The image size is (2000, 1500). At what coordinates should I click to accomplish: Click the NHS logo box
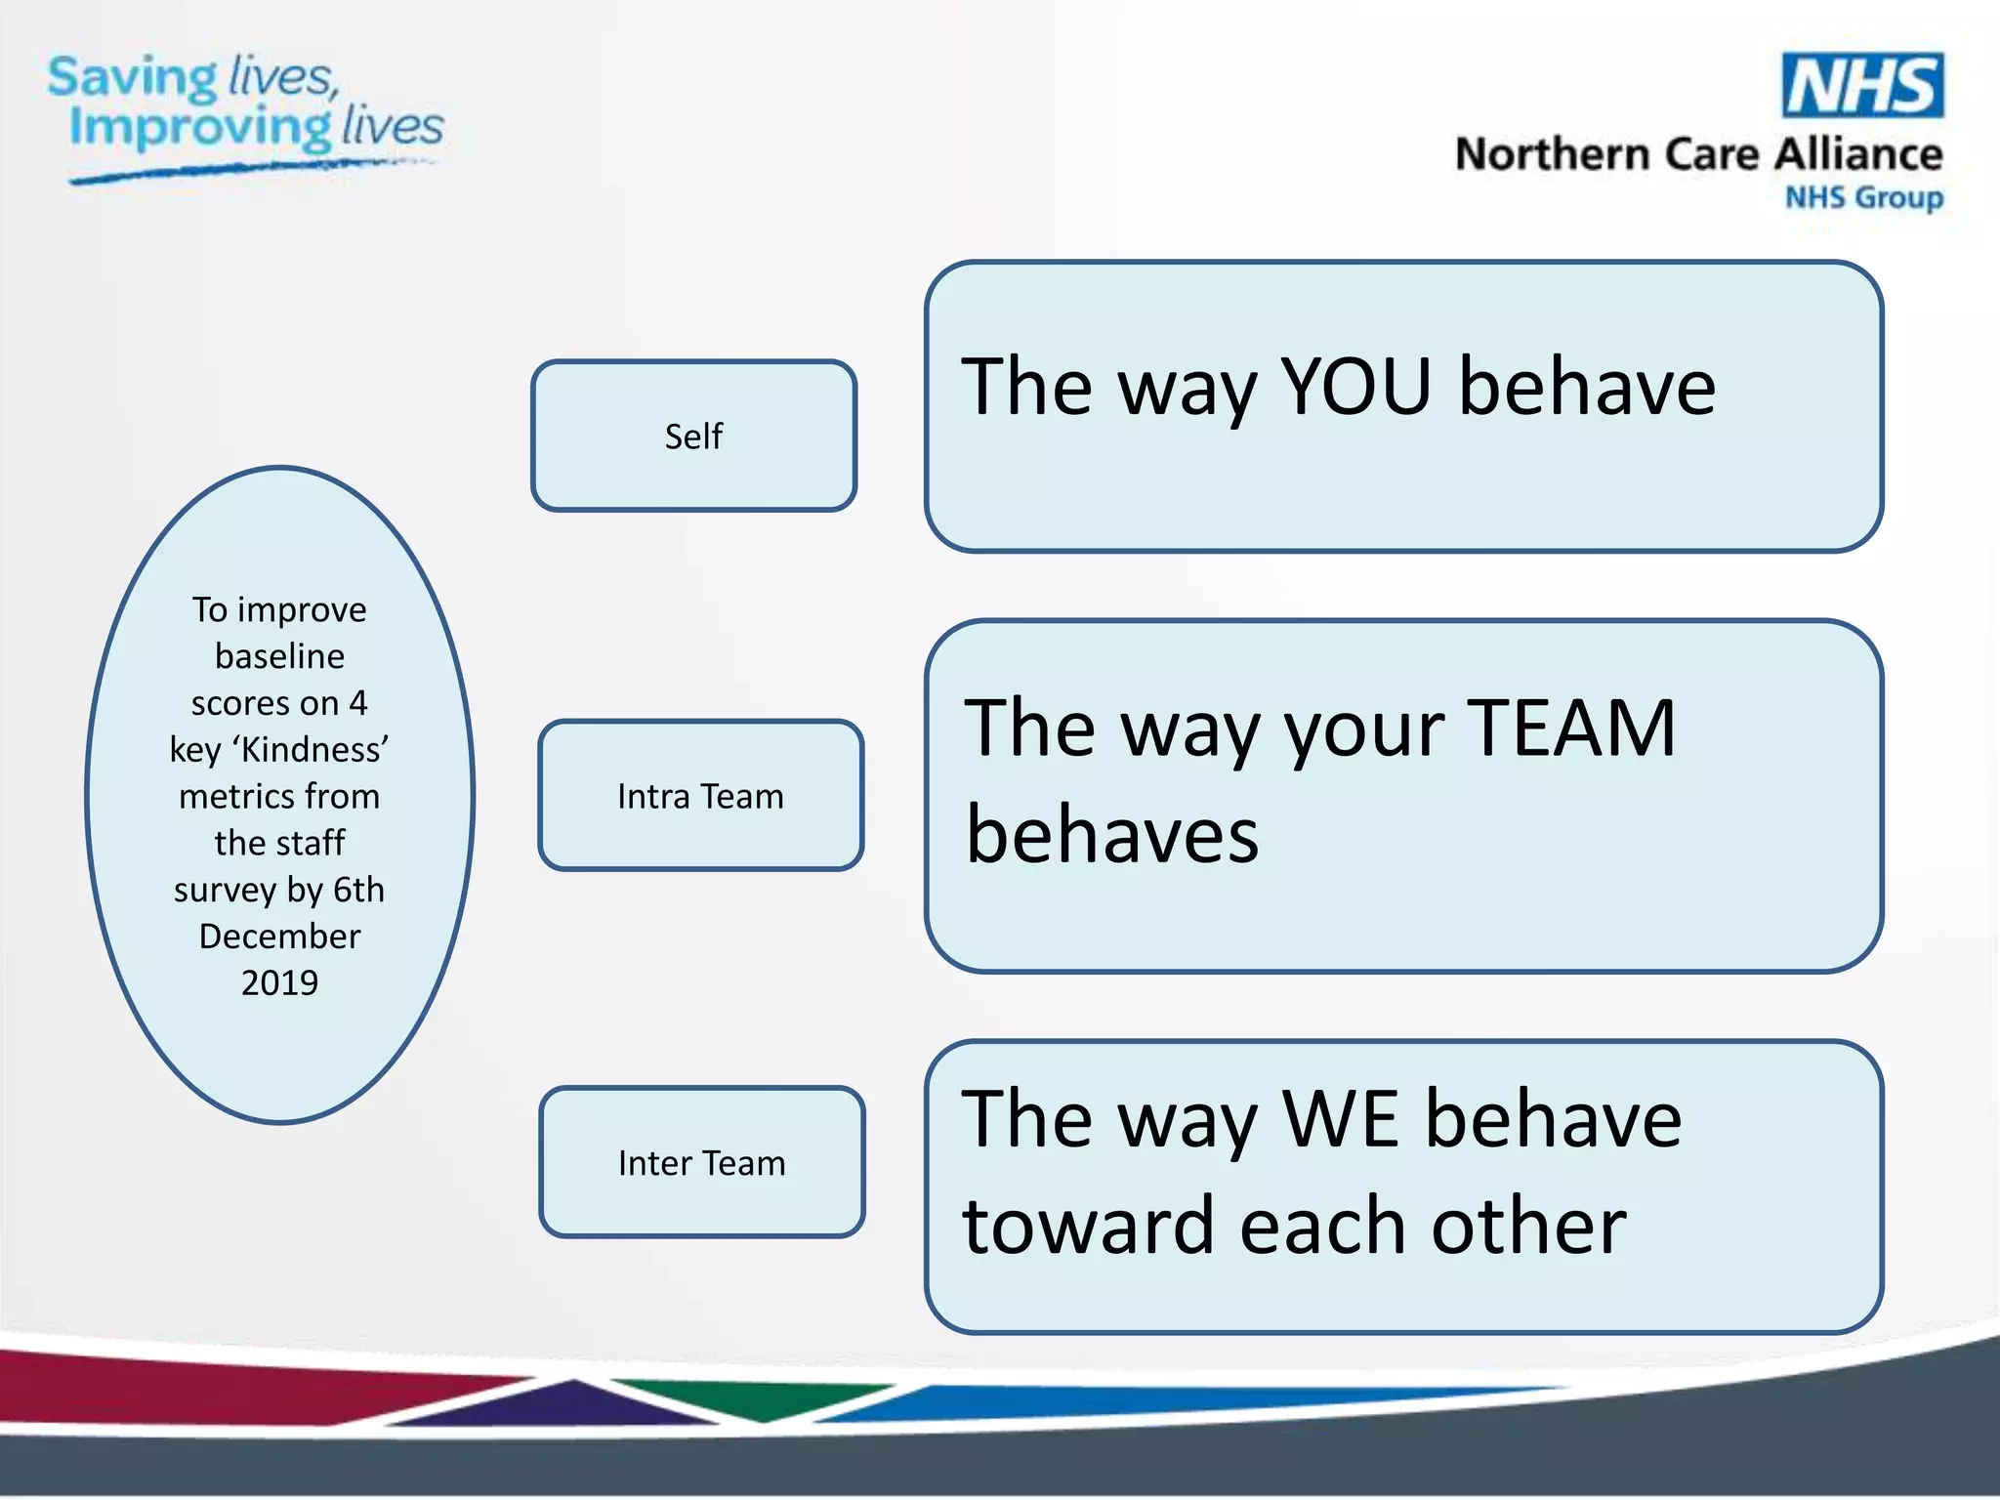click(x=1861, y=86)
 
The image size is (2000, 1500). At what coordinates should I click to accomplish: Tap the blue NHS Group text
click(x=1863, y=197)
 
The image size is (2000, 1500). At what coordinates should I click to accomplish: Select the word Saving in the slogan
click(x=133, y=78)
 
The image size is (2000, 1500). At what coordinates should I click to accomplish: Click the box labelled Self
click(x=693, y=436)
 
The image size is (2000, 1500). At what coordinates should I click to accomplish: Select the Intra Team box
click(x=700, y=796)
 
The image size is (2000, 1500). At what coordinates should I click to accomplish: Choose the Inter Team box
click(x=701, y=1162)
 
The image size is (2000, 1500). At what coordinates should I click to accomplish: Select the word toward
click(x=1088, y=1227)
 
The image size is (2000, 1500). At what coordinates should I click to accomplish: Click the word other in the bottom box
click(x=1528, y=1227)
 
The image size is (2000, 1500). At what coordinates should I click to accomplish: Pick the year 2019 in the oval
click(x=279, y=982)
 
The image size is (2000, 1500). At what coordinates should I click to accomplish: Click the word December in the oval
click(x=279, y=936)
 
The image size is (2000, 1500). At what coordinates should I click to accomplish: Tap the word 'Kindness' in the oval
click(x=311, y=749)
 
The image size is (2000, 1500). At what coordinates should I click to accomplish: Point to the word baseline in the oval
click(x=279, y=656)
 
